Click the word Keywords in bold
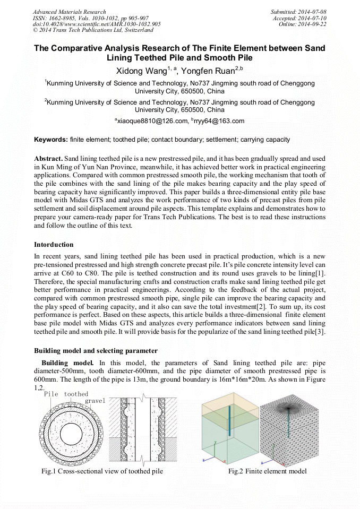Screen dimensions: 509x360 click(x=51, y=140)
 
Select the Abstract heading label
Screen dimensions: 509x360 click(x=48, y=159)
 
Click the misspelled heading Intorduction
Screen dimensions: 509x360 click(x=54, y=245)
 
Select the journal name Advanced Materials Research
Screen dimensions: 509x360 click(x=69, y=11)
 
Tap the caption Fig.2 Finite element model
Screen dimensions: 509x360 click(x=267, y=471)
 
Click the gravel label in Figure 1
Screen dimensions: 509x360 click(x=95, y=400)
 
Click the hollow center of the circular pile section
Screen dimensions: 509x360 click(x=70, y=430)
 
